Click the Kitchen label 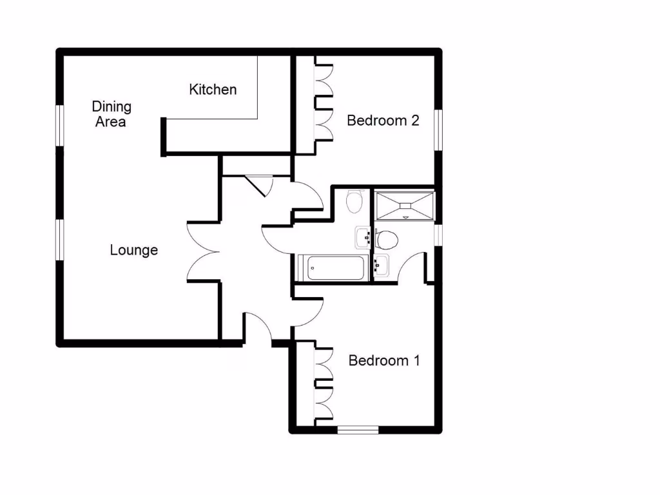click(213, 90)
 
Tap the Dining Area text click(111, 113)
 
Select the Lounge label click(133, 250)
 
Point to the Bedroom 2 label click(383, 121)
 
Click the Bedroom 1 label click(383, 360)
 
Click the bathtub click(333, 267)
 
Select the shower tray click(405, 204)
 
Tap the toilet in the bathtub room click(354, 201)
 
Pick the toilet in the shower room click(387, 240)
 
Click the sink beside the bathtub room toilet click(362, 237)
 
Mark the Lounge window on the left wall click(59, 240)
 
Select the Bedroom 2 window click(438, 129)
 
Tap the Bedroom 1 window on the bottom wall click(358, 429)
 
